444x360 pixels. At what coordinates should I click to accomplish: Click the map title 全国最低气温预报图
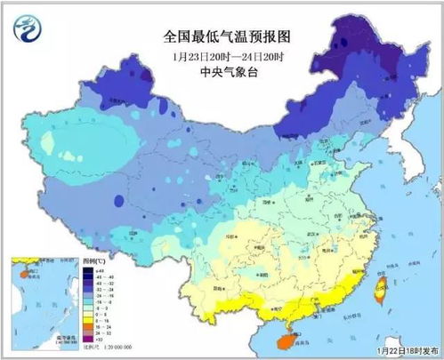point(222,36)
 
